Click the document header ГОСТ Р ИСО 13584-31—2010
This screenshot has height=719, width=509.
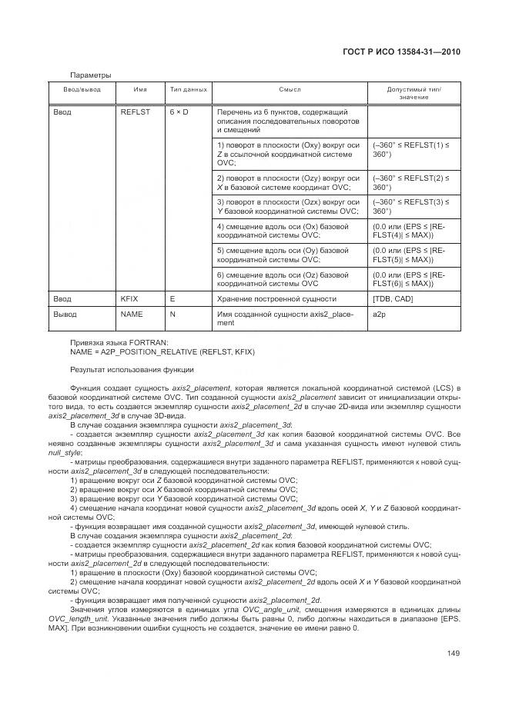tap(405, 52)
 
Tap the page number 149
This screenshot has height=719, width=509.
tap(453, 654)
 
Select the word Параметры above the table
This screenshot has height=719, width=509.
tap(90, 75)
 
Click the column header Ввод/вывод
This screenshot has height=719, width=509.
tap(82, 90)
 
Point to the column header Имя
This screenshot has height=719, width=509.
tap(140, 90)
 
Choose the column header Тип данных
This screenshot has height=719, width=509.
tap(189, 90)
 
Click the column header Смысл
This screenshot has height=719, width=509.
tap(290, 90)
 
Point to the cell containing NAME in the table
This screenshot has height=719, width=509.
tap(132, 314)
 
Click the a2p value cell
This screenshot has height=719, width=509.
tap(378, 314)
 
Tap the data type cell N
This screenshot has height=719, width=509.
tap(173, 314)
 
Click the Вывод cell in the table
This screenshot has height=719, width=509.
tap(65, 314)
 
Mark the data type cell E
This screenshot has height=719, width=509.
tap(172, 298)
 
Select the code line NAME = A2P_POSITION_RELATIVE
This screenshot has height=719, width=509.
tap(162, 351)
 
